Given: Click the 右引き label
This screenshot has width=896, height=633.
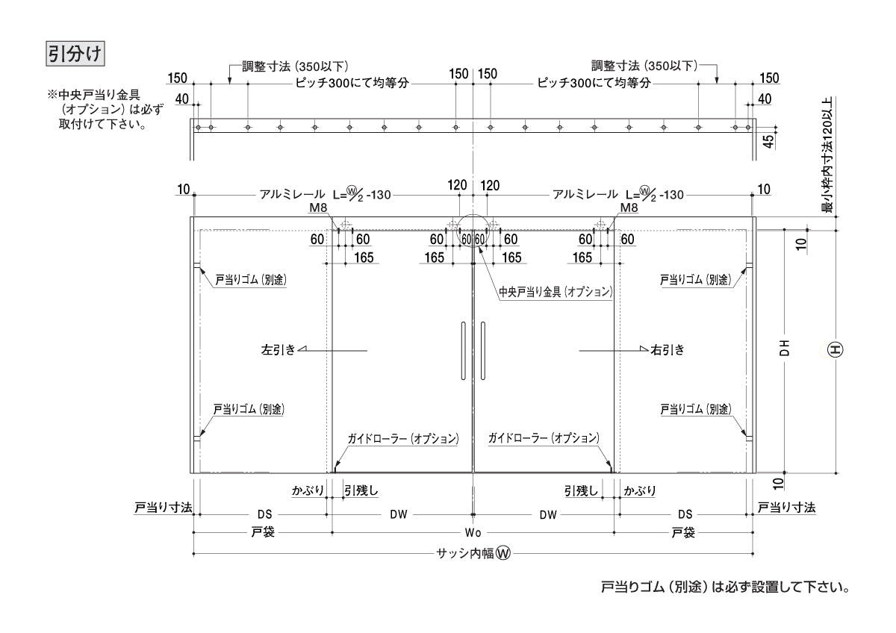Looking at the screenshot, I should [x=667, y=349].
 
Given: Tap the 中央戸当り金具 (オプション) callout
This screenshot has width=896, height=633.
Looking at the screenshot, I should [x=556, y=291].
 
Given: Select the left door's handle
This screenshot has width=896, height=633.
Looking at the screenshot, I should [x=464, y=351].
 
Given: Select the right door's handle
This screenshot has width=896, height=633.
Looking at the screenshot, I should [x=483, y=351].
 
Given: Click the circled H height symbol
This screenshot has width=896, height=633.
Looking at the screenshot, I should [x=836, y=349].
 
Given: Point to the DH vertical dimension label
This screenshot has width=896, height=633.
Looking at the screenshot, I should [x=785, y=349].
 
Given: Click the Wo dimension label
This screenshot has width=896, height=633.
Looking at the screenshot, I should [x=473, y=533].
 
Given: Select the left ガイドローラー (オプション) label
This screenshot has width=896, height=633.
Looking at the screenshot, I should [x=402, y=438].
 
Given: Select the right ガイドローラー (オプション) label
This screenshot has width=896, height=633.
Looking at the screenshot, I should [x=543, y=438].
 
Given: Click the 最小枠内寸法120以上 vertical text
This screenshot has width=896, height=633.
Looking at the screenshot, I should [x=827, y=155].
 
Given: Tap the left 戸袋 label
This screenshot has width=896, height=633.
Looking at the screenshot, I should [x=261, y=533].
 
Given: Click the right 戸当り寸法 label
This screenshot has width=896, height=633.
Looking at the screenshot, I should [x=786, y=508].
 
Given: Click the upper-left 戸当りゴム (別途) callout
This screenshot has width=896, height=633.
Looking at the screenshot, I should [x=251, y=280].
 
